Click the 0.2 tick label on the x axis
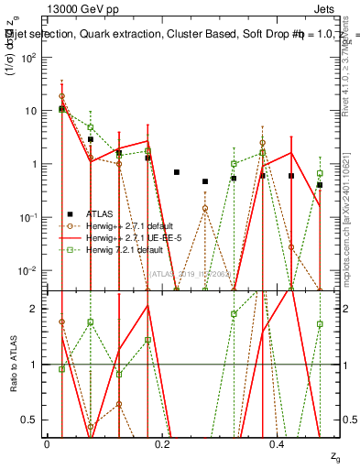tap(162, 443)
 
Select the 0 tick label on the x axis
tap(47, 443)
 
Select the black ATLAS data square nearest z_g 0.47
tap(320, 185)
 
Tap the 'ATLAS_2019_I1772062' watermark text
tap(189, 273)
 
